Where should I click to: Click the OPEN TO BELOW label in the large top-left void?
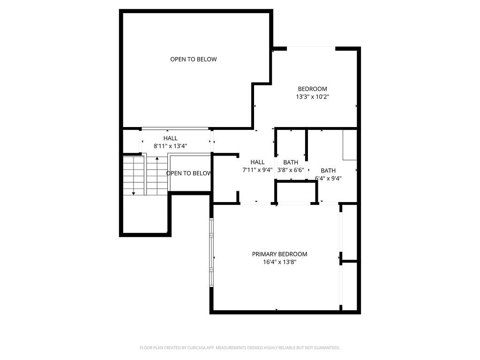click(193, 59)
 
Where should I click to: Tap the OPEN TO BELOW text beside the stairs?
click(189, 173)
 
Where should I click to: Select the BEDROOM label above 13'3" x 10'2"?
click(312, 89)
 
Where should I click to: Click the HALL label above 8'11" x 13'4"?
click(170, 138)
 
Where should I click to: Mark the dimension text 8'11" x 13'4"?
click(170, 146)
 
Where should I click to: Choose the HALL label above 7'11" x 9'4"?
click(257, 162)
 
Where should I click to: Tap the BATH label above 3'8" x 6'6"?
click(290, 162)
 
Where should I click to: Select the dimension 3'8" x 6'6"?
click(291, 170)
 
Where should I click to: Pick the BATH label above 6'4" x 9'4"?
click(328, 170)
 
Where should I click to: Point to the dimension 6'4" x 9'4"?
click(328, 178)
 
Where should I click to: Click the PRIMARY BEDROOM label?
click(279, 254)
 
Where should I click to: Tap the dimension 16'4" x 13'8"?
click(279, 262)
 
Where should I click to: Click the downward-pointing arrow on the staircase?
click(134, 193)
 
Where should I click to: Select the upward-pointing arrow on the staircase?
click(157, 159)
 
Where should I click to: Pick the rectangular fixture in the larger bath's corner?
click(350, 145)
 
